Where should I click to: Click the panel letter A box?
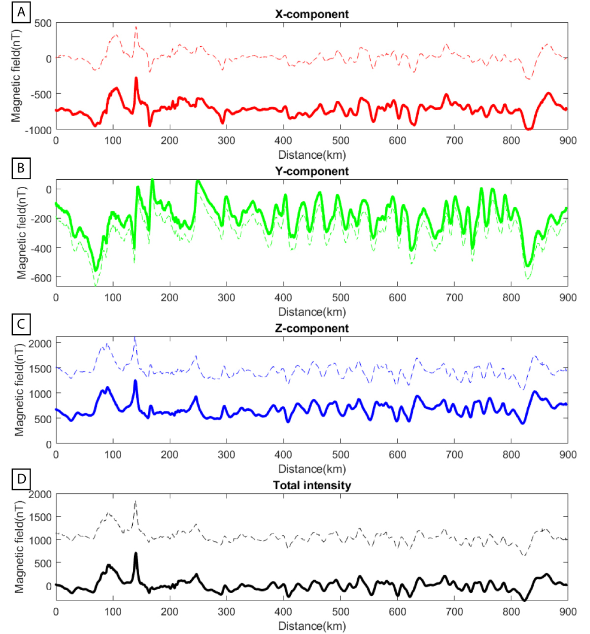(21, 12)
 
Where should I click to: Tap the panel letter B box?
(21, 168)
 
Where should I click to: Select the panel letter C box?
(21, 324)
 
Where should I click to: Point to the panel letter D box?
(21, 479)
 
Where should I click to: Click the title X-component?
(312, 14)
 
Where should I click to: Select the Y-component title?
(312, 171)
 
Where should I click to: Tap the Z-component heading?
(312, 328)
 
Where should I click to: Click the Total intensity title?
(312, 485)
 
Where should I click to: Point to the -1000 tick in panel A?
(38, 130)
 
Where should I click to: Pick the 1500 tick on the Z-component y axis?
(41, 368)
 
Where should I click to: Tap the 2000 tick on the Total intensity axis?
(40, 494)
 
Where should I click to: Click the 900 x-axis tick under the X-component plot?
(568, 140)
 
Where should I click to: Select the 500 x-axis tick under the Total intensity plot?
(340, 612)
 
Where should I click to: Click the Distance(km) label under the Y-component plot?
(312, 312)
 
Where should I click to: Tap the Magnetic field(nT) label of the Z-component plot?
(19, 390)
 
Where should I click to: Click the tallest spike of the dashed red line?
(136, 27)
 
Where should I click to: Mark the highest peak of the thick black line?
(136, 553)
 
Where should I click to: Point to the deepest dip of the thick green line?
(96, 270)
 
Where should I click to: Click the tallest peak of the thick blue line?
(135, 381)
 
